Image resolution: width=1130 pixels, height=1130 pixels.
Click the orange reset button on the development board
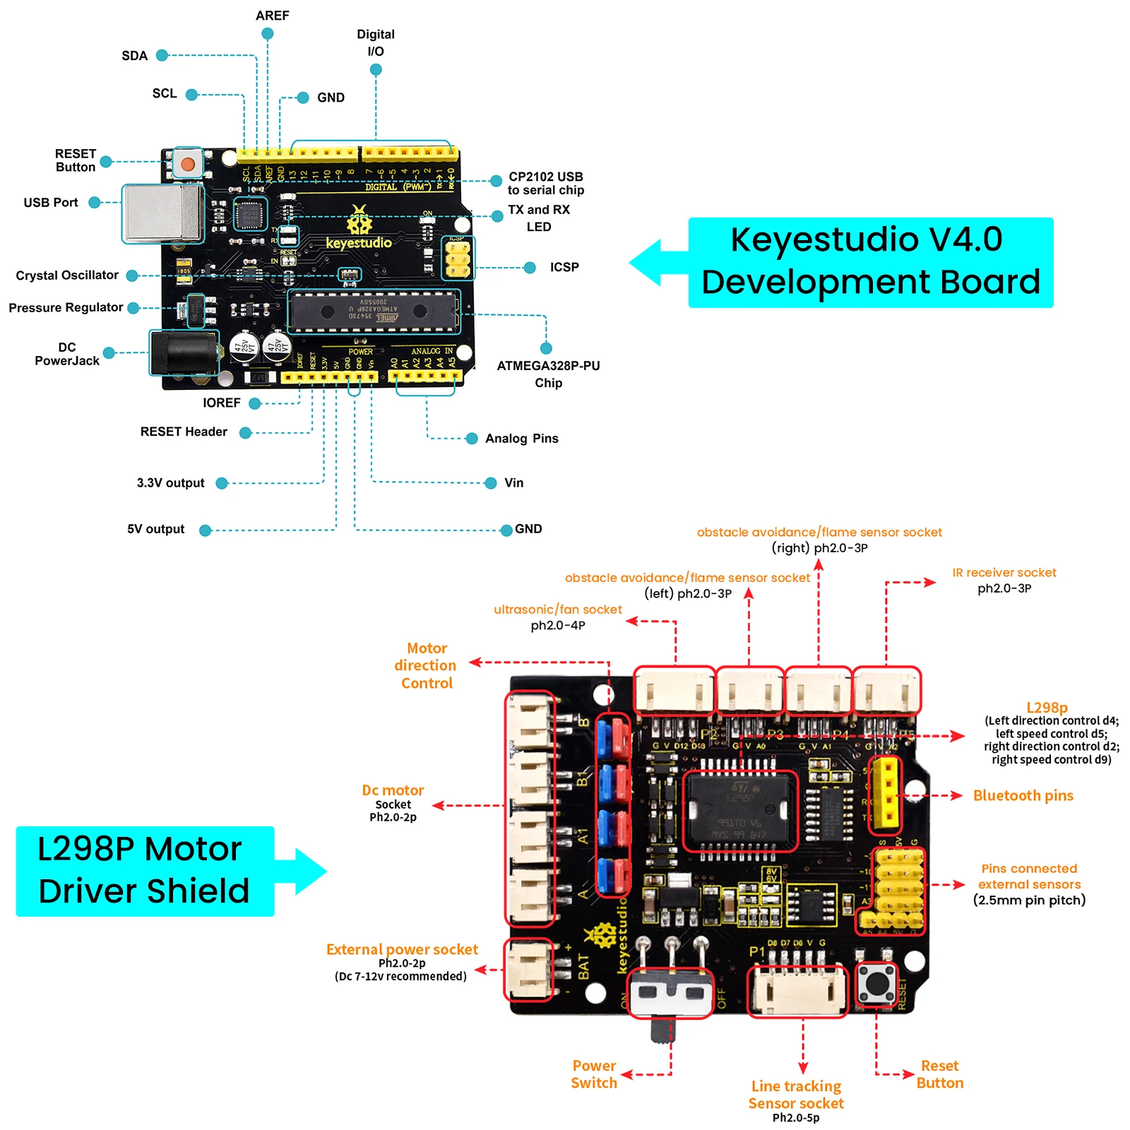point(187,165)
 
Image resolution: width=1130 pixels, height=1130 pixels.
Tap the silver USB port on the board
point(162,213)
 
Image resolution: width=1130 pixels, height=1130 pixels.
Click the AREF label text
point(272,16)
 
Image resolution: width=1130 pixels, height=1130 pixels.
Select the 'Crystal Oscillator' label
point(67,275)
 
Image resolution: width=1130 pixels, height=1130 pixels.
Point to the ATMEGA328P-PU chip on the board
point(373,311)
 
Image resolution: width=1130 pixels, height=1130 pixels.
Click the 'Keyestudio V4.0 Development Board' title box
point(870,262)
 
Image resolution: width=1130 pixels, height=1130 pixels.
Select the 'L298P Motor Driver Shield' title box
point(144,871)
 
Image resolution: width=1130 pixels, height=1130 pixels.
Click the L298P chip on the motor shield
point(739,811)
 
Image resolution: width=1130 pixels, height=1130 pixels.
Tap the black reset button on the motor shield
point(876,983)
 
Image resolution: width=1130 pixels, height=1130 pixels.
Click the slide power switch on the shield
point(670,993)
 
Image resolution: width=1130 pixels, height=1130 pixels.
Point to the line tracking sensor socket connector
point(797,990)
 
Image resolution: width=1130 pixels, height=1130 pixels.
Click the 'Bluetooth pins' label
point(1023,796)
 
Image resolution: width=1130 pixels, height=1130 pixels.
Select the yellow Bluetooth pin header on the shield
point(884,792)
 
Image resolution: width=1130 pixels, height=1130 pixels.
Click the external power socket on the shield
point(528,970)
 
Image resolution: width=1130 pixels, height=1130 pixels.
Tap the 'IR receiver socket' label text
point(1004,573)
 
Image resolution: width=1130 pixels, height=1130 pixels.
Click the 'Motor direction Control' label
point(426,665)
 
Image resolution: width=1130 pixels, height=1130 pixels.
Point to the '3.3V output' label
point(170,483)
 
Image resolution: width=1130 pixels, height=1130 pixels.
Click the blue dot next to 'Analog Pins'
point(472,439)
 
